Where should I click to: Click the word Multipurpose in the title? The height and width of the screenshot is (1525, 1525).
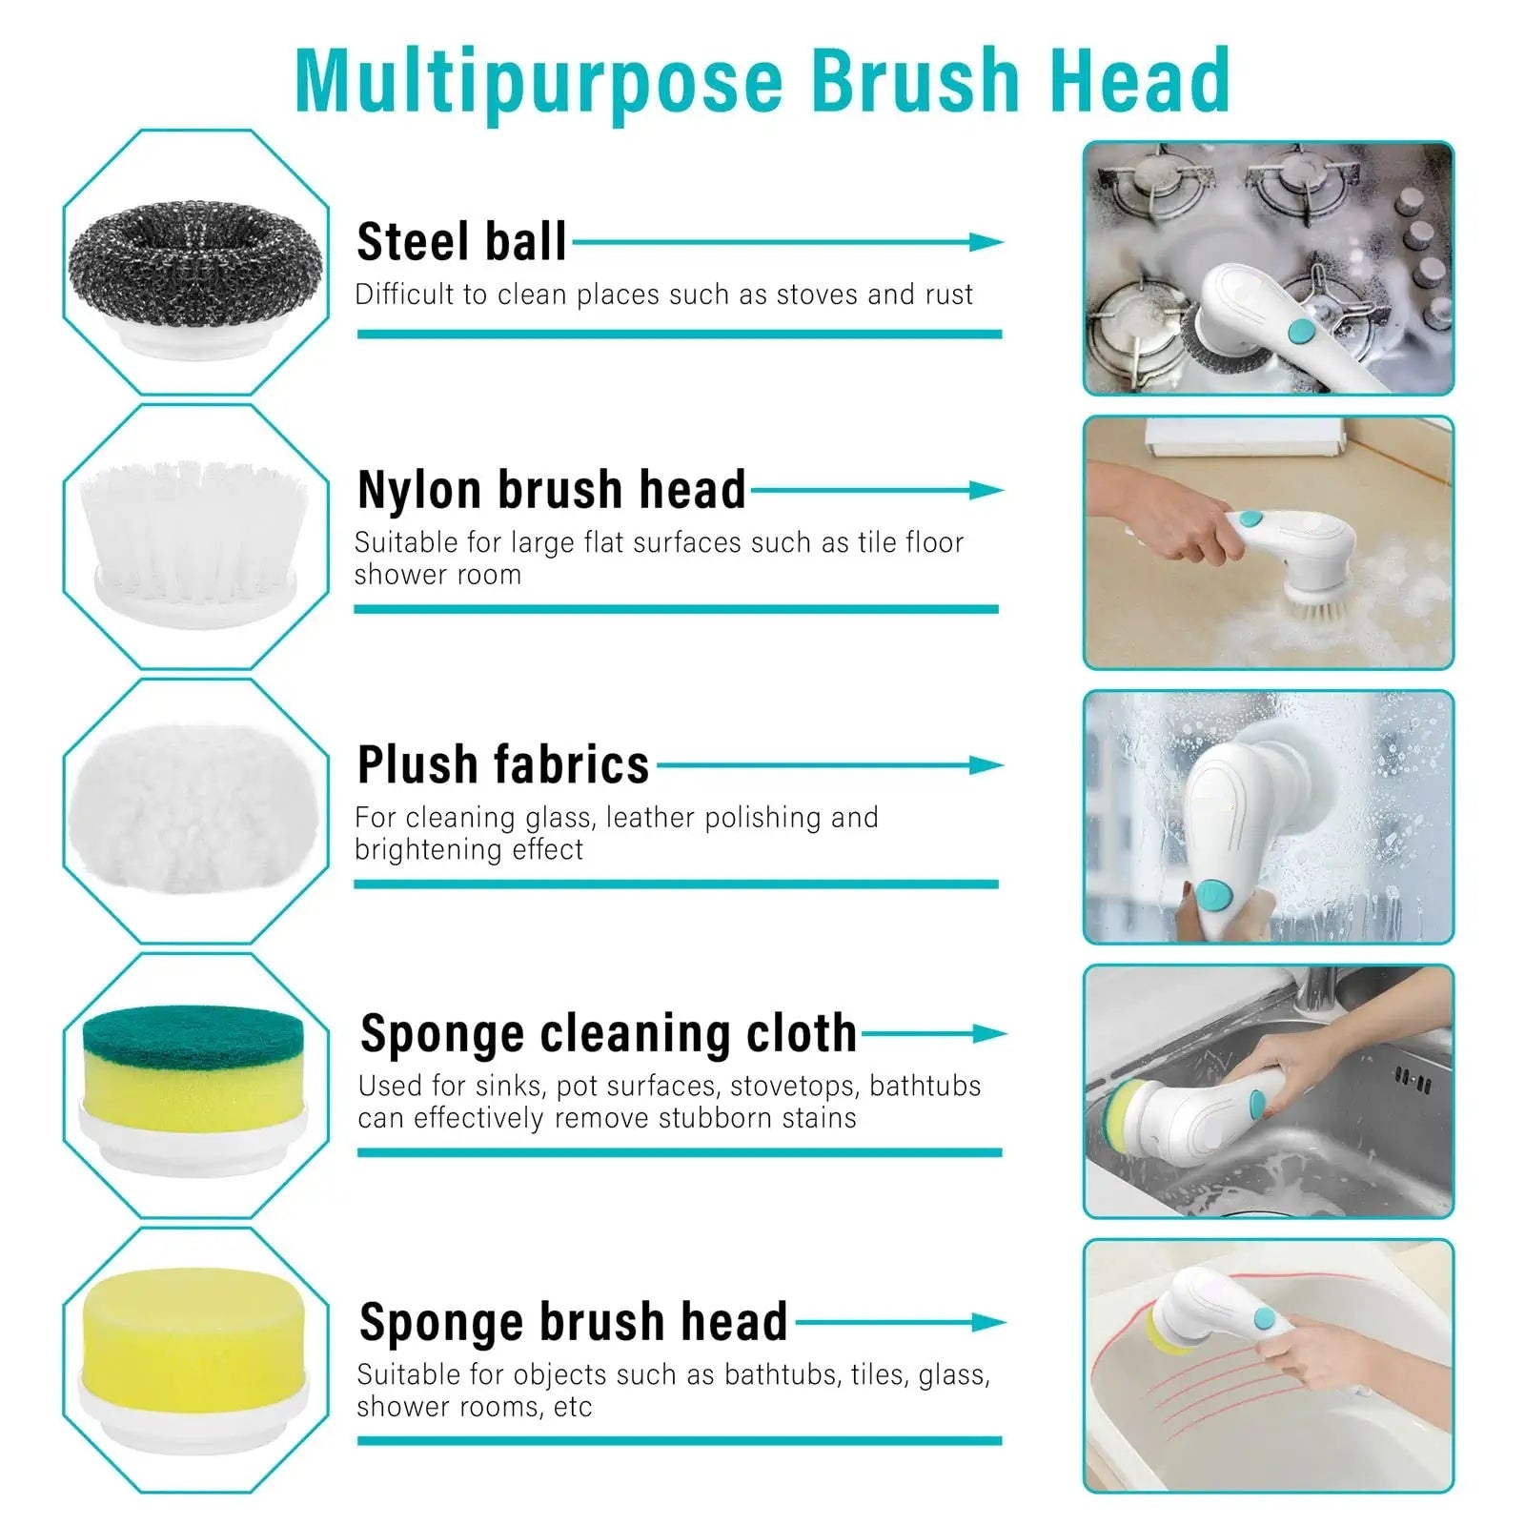point(539,81)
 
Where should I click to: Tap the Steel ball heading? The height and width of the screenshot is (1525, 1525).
point(461,242)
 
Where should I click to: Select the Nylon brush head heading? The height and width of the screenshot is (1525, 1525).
point(551,490)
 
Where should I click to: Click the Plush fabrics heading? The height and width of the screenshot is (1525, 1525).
point(503,764)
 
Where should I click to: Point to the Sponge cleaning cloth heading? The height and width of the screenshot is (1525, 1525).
point(608,1033)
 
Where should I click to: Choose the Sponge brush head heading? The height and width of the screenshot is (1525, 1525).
point(573,1322)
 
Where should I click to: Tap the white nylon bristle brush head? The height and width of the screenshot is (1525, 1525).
point(195,534)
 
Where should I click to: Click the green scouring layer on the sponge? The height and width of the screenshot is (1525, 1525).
point(193,1035)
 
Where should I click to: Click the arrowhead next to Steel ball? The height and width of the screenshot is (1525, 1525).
point(986,242)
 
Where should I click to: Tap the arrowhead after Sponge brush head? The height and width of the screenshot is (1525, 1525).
point(988,1322)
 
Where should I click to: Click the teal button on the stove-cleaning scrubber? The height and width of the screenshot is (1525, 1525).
point(1301,332)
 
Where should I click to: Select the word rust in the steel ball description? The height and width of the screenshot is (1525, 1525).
point(948,295)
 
